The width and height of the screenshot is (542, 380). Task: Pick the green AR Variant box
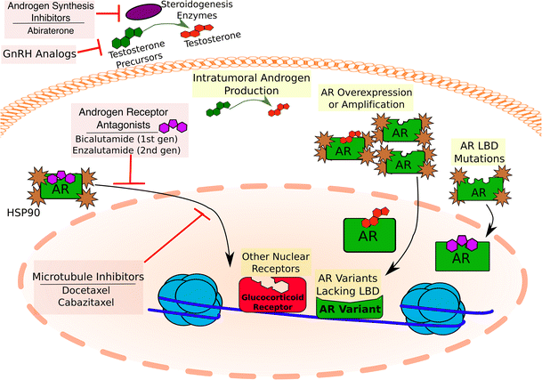coord(349,311)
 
